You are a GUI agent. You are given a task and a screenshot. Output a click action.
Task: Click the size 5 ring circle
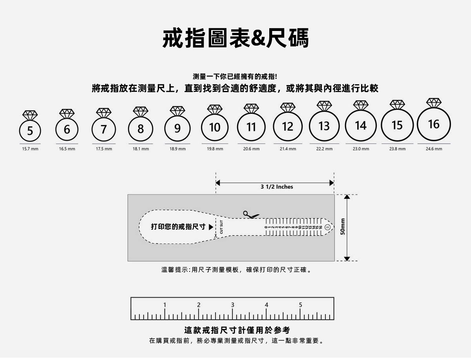click(x=30, y=131)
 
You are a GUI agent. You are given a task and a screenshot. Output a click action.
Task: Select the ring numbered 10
click(x=215, y=127)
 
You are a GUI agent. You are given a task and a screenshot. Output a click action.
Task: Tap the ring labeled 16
click(x=434, y=124)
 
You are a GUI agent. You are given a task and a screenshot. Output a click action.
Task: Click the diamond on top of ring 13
click(x=324, y=105)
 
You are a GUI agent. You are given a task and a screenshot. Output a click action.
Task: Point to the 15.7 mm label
click(x=30, y=149)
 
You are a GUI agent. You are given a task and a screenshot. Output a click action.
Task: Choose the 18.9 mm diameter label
click(x=177, y=149)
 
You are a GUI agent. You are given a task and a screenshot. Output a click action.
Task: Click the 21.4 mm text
click(x=288, y=149)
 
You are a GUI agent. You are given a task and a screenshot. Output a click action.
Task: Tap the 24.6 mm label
click(x=434, y=149)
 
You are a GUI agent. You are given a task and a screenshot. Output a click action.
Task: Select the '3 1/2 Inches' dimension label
click(x=277, y=187)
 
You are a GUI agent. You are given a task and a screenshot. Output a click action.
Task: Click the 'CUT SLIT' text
click(x=221, y=227)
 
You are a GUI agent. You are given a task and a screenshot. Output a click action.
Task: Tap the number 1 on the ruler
click(x=165, y=305)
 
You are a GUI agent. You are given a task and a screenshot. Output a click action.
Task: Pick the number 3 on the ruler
click(x=232, y=305)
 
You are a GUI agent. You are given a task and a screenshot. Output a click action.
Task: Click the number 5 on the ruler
click(x=300, y=305)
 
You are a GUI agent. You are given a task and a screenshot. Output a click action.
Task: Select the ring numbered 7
click(x=104, y=129)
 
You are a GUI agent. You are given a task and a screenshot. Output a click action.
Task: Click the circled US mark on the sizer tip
click(x=327, y=227)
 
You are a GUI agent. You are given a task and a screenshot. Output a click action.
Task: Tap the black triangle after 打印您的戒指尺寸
click(x=211, y=227)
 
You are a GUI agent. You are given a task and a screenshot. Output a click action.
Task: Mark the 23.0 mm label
click(x=361, y=149)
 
